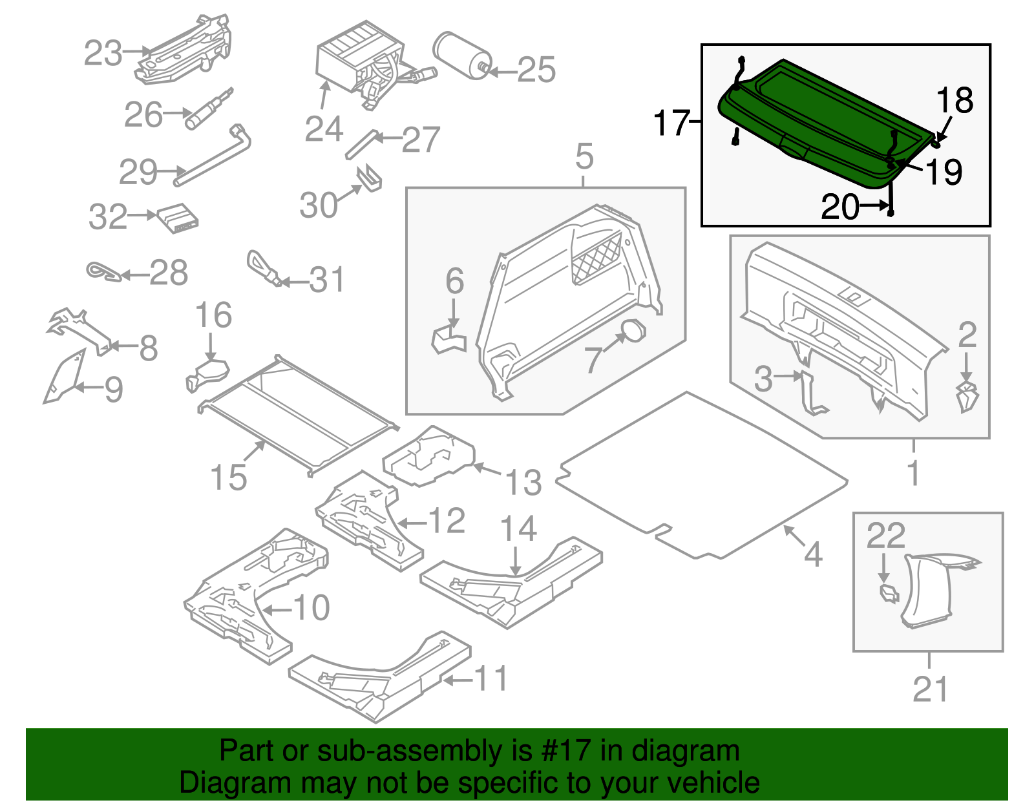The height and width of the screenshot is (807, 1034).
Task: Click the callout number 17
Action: coord(671,123)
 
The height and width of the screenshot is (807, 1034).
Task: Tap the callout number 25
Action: coord(536,70)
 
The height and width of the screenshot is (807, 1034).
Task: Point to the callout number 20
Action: coord(840,207)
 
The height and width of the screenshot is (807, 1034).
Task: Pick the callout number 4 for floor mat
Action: coord(813,554)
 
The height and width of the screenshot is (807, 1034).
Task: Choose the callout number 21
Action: coord(930,689)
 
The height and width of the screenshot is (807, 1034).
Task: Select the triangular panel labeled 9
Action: coord(63,377)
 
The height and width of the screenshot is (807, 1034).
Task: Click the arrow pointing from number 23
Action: coord(137,52)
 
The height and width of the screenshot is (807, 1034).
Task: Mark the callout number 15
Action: coord(229,477)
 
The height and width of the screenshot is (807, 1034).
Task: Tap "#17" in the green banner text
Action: coord(562,751)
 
